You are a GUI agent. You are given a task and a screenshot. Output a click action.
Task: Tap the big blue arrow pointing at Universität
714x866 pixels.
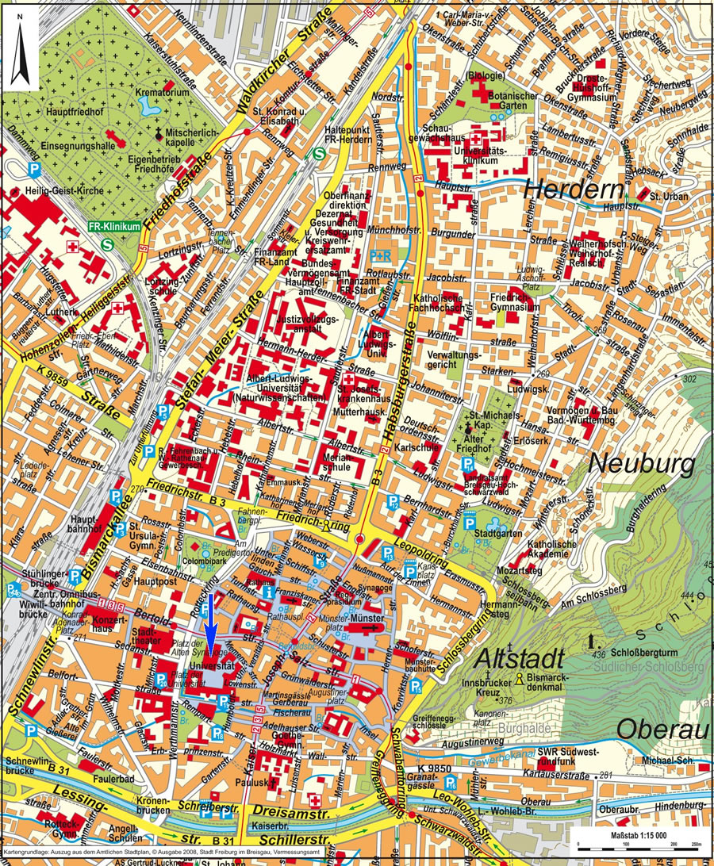pyautogui.click(x=210, y=627)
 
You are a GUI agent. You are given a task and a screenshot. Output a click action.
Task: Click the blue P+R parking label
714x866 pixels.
pyautogui.click(x=381, y=255)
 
